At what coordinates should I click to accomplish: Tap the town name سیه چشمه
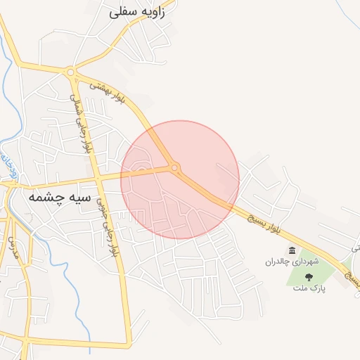coord(60,198)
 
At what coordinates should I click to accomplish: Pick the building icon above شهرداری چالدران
coord(292,250)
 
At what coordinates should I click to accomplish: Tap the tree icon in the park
coord(309,277)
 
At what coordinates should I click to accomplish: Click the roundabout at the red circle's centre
coord(174,167)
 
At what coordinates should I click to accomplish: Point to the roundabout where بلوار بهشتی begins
coord(70,71)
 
